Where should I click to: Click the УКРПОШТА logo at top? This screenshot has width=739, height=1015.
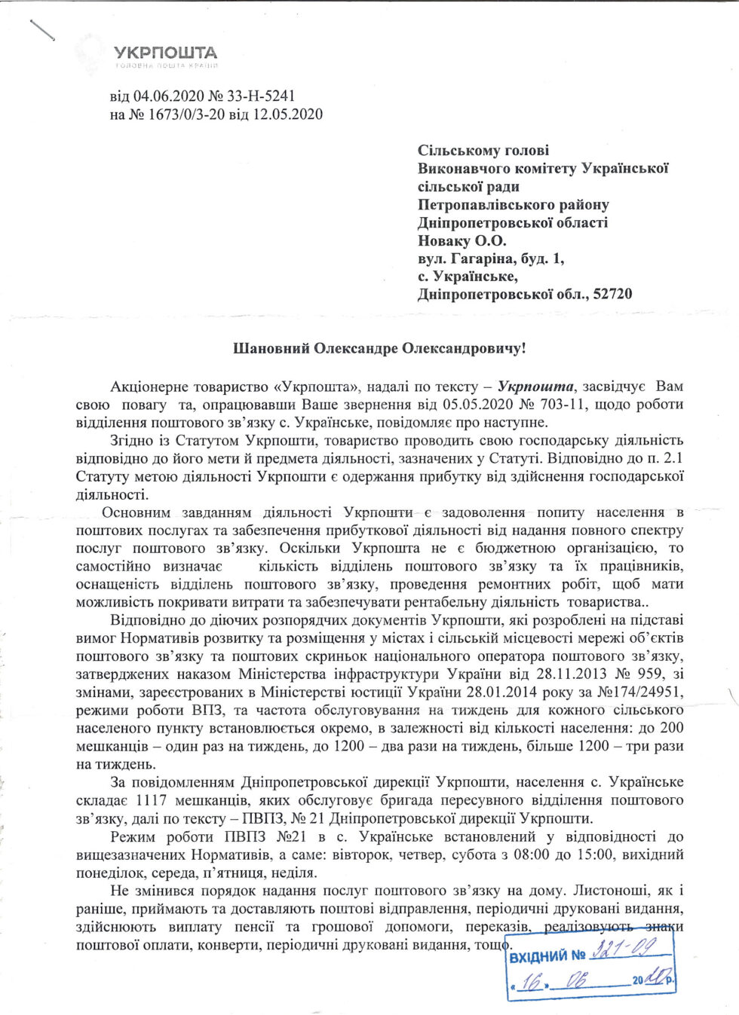coord(165,54)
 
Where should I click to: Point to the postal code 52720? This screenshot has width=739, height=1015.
coord(612,295)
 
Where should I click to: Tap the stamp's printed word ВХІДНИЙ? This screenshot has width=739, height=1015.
coord(538,957)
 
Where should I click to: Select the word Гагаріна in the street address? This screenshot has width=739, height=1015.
coord(482,259)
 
